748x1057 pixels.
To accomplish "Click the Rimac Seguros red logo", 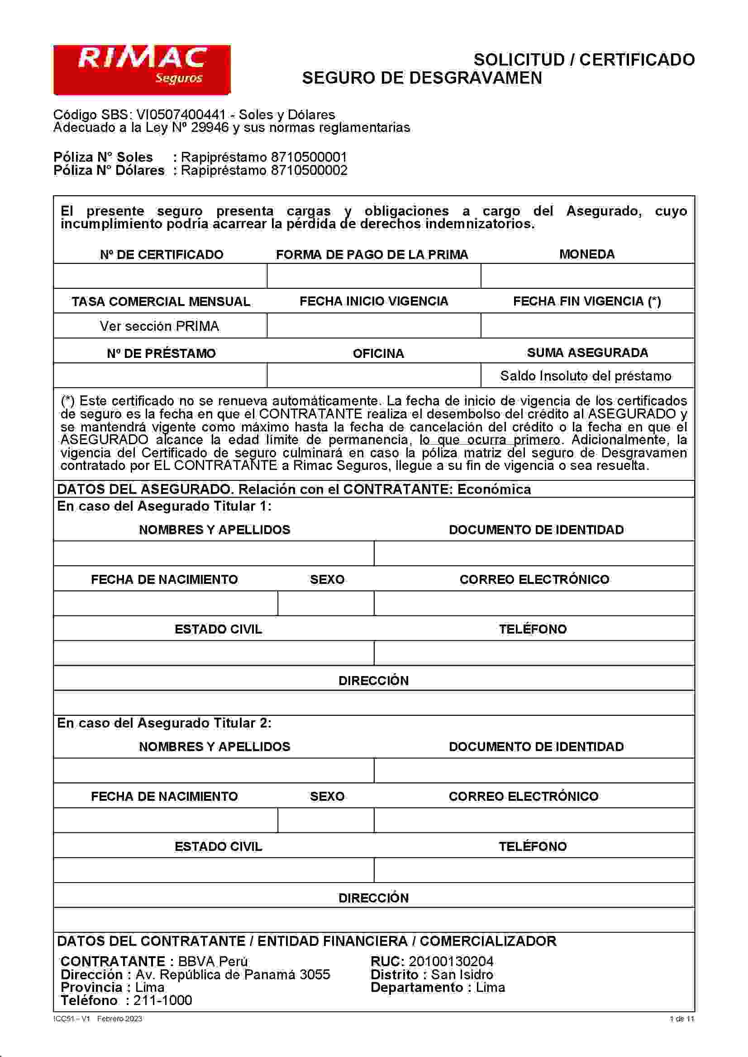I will [142, 70].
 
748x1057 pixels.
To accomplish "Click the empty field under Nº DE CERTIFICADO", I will [160, 276].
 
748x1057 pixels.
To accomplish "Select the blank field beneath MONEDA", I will [587, 276].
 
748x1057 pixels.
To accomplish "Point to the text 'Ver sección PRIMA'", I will [159, 326].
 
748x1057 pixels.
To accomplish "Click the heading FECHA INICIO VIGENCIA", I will [373, 301].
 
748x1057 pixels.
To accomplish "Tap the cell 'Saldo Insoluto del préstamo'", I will [585, 376].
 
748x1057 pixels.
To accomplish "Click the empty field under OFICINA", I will [373, 375].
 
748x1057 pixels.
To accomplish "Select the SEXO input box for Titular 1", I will [326, 603].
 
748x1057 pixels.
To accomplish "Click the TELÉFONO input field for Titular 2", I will [534, 869].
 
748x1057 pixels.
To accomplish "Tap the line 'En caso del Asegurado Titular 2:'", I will [164, 723].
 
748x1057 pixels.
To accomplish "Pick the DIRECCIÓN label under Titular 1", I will [373, 681].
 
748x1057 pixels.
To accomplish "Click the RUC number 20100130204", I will [450, 961].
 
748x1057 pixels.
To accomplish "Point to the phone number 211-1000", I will [162, 1000].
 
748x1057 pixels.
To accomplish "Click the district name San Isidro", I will [462, 974].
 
